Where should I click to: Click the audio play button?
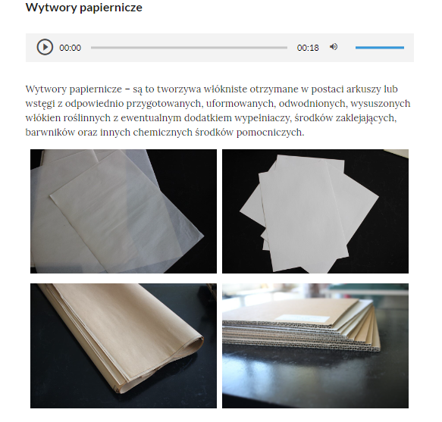tap(45, 47)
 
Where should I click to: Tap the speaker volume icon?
tap(334, 47)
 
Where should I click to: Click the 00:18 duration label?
tap(308, 48)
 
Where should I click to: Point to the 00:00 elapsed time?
tap(70, 48)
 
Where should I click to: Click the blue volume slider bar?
tap(379, 47)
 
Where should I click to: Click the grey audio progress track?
tap(189, 47)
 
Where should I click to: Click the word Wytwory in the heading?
tap(49, 8)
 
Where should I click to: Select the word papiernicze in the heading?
tap(109, 8)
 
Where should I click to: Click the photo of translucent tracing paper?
tap(124, 211)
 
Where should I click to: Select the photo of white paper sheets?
tap(315, 211)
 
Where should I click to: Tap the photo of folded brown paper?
tap(124, 345)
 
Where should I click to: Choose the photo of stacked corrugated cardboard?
tap(315, 345)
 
